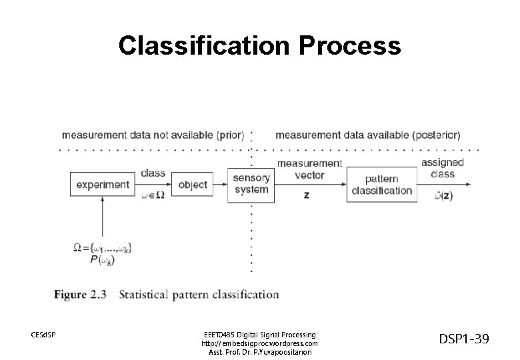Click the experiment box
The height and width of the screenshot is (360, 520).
click(102, 184)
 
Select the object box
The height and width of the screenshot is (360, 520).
click(193, 184)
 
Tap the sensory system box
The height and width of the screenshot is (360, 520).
click(251, 184)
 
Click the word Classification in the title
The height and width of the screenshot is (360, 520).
click(204, 45)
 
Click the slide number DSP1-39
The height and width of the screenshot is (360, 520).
click(464, 339)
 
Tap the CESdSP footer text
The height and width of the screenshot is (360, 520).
click(44, 334)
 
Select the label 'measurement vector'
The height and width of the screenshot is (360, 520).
click(309, 169)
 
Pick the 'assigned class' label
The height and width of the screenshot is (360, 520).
click(442, 168)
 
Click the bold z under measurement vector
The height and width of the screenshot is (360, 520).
click(307, 195)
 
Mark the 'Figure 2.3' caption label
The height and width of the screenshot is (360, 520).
click(80, 294)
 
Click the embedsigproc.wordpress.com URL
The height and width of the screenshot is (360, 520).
click(259, 343)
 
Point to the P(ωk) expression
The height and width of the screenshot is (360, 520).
click(101, 260)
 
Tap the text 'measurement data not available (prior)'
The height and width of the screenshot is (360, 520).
click(153, 135)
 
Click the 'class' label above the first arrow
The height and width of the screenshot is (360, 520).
click(153, 173)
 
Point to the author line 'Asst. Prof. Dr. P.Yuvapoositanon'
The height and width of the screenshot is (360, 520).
click(259, 351)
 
